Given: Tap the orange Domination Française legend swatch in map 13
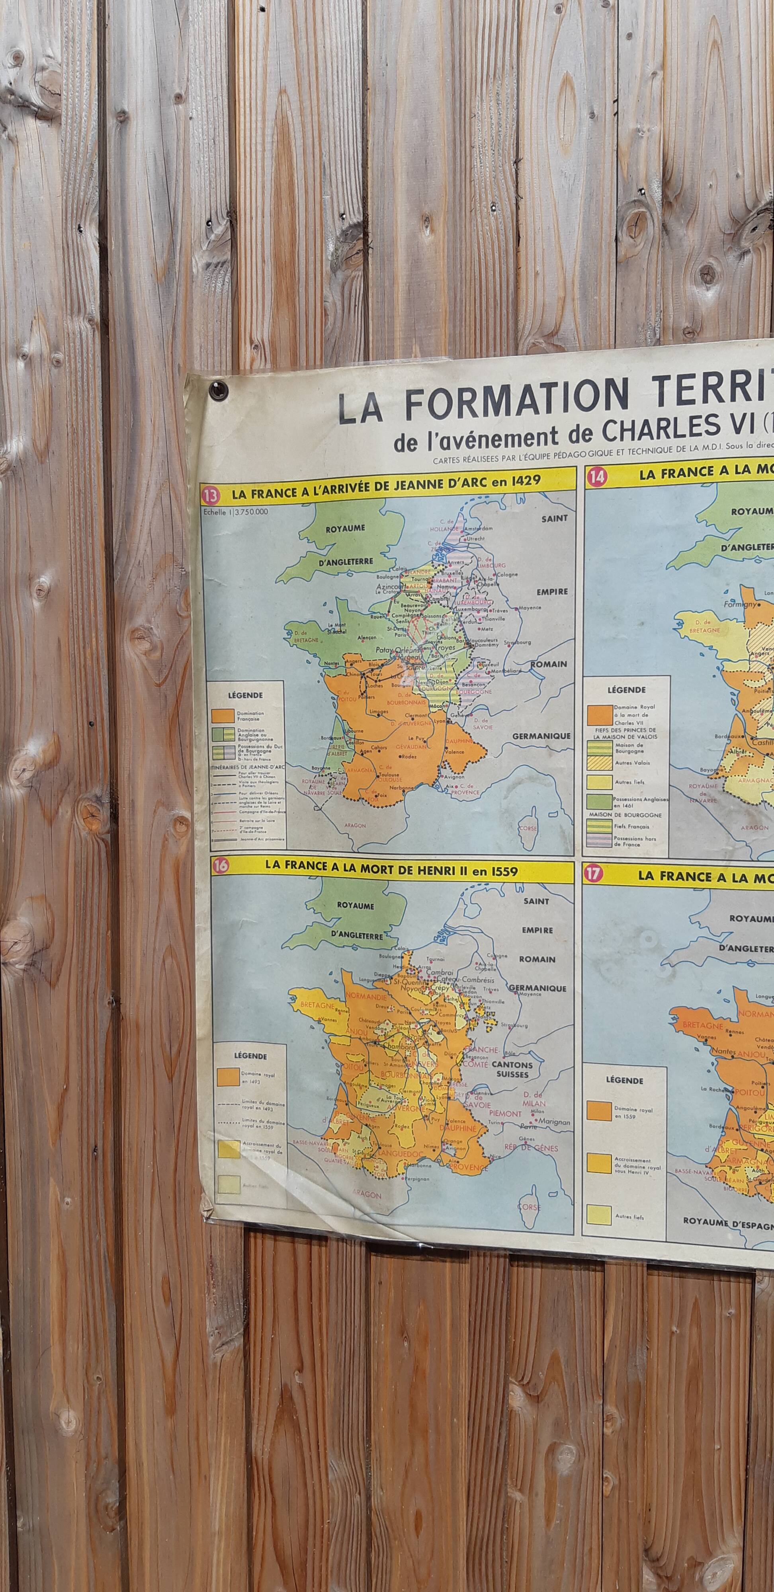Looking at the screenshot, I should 222,716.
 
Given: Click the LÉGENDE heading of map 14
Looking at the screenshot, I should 626,690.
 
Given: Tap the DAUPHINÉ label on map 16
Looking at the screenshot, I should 459,1128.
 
